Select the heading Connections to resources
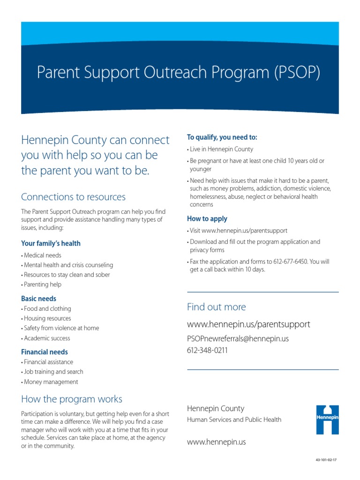(x=73, y=197)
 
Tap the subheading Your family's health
(x=51, y=243)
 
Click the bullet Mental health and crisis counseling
(x=67, y=265)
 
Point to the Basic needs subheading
(x=38, y=299)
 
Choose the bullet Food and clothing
(x=47, y=309)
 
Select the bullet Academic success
(x=46, y=338)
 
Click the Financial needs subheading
(x=45, y=352)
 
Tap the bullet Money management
(x=51, y=382)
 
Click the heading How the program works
(x=72, y=399)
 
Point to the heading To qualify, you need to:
(x=222, y=137)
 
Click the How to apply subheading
(x=207, y=218)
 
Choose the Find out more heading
(x=216, y=307)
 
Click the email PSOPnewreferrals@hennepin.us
(x=238, y=338)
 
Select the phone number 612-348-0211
(x=207, y=350)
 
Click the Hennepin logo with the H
(x=327, y=419)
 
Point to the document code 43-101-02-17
(x=326, y=460)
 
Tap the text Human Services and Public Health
(x=234, y=420)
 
